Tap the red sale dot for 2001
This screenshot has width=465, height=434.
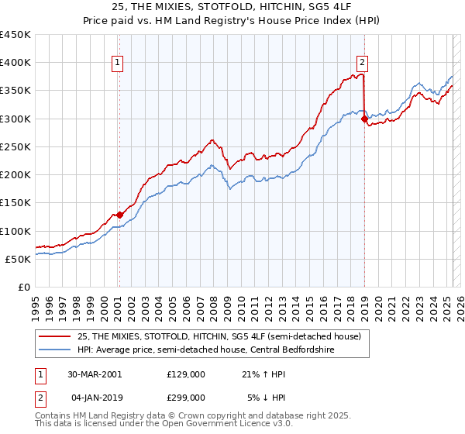coord(119,215)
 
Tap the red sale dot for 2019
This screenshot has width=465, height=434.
coord(364,119)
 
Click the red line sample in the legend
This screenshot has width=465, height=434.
coord(56,336)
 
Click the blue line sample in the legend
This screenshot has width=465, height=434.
coord(56,349)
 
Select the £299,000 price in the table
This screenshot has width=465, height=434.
coord(185,397)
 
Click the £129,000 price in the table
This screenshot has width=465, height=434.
coord(185,374)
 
